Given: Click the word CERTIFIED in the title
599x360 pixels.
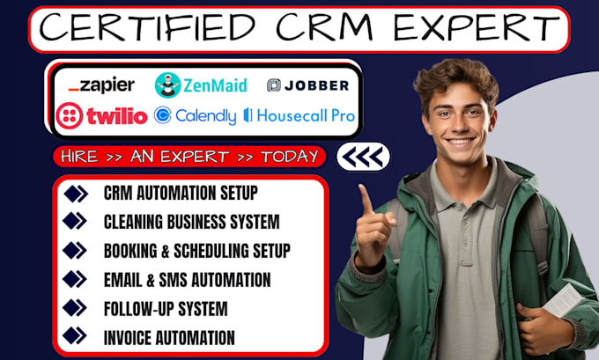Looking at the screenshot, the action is [147, 27].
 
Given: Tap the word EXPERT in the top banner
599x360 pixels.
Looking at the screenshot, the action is [477, 27].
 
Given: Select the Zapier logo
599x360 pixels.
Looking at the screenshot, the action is [101, 85].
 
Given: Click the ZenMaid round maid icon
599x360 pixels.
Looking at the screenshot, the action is [167, 85].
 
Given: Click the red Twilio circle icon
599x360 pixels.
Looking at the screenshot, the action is [69, 115].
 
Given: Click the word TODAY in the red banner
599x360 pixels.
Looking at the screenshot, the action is [290, 156].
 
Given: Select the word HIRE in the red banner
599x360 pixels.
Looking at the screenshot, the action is [79, 157].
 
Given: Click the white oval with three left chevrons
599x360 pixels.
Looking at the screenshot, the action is [363, 157].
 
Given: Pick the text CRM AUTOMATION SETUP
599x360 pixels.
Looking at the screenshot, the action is [181, 193].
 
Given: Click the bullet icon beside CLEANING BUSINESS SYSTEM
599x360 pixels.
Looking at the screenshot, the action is [75, 221].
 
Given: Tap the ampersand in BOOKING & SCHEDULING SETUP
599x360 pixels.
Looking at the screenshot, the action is [165, 251].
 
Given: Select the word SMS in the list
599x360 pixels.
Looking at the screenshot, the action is [174, 280].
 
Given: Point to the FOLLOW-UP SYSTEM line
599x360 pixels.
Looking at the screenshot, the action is [166, 309].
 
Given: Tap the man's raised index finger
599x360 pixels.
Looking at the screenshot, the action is [366, 199].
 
